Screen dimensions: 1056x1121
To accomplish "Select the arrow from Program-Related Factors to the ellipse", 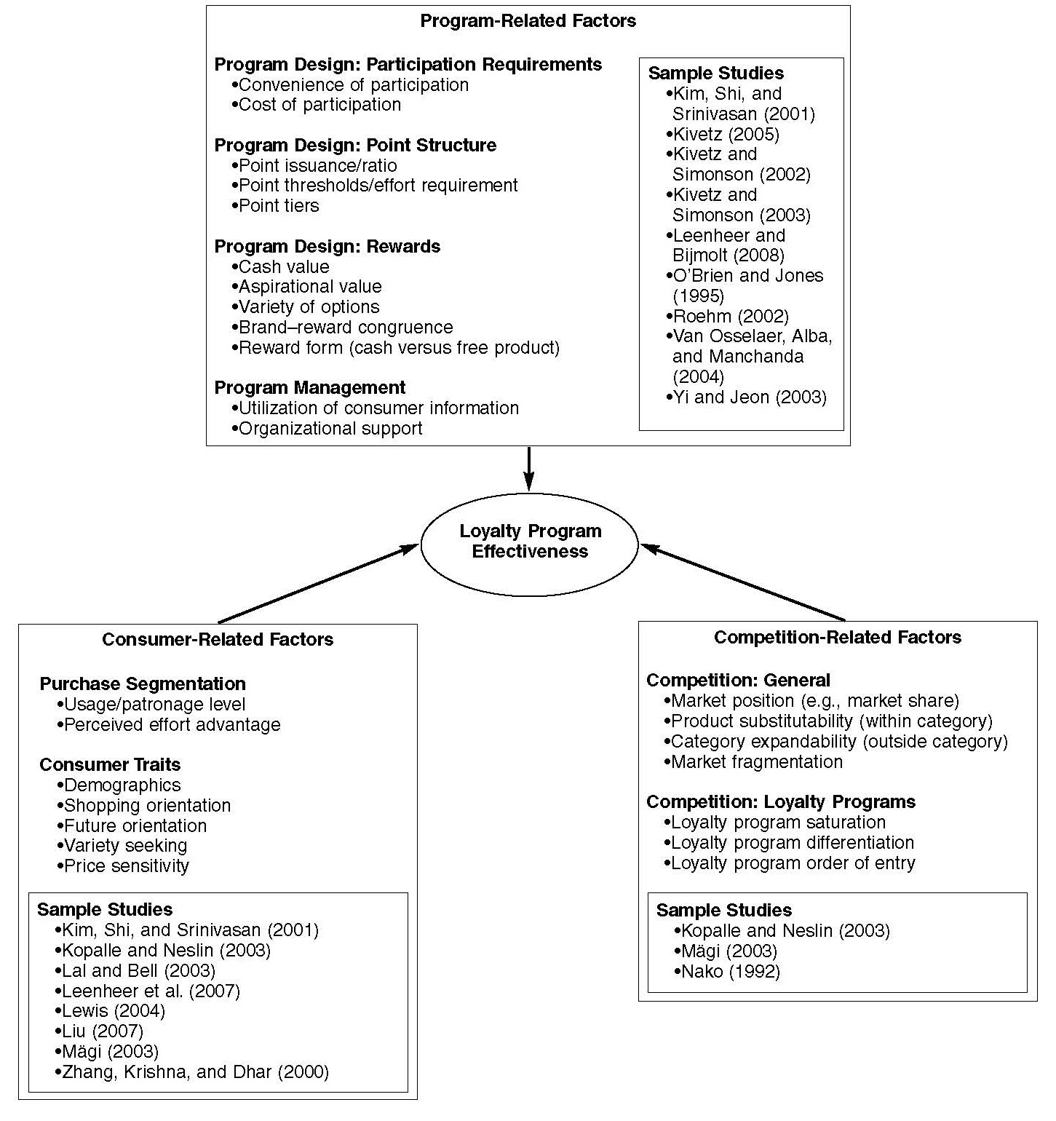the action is [529, 469].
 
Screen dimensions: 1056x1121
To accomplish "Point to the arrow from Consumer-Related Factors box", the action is [319, 584].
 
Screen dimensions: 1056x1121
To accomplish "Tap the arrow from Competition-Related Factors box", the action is [742, 582].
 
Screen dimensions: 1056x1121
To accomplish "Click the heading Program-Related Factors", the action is [528, 21].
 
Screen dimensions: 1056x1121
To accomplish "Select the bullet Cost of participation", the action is [316, 105].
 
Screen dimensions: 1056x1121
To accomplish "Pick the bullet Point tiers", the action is [275, 206].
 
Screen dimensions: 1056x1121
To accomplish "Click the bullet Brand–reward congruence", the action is [342, 328].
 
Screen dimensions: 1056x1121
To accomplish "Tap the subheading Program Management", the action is [310, 388].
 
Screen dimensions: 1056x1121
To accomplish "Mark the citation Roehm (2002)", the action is [727, 317].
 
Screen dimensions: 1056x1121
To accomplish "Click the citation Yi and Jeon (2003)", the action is [746, 397].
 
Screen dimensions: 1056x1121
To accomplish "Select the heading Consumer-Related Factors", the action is [218, 640].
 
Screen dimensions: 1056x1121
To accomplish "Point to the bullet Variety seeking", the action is [122, 846].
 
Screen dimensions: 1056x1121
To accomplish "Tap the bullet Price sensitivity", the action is [122, 866].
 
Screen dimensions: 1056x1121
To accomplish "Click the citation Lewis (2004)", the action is [110, 1011].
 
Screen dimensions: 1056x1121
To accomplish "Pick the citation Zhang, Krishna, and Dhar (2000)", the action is [191, 1072].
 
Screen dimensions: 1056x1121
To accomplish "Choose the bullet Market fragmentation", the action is [753, 762].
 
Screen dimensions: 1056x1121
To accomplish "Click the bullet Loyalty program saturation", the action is [774, 823].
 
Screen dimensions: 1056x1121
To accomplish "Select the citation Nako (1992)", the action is [727, 972].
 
